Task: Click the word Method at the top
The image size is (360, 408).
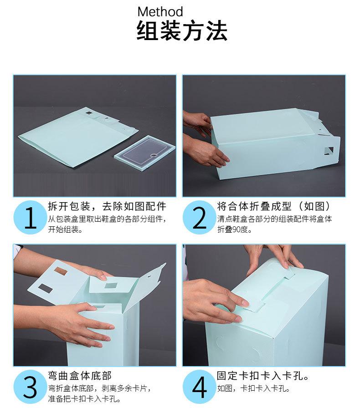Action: (160, 12)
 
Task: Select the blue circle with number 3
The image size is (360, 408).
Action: (30, 388)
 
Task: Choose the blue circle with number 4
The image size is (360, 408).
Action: (199, 388)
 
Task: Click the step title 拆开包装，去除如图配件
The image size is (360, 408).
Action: (107, 206)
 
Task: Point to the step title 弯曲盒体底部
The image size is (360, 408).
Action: (80, 376)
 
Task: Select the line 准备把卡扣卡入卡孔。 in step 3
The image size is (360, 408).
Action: (84, 399)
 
